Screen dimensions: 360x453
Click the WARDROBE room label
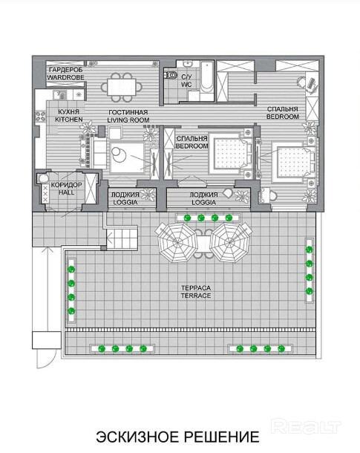pos(65,77)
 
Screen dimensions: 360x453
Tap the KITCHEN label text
pos(69,120)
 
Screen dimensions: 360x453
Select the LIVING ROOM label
pos(128,120)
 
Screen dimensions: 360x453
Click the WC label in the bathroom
pos(186,85)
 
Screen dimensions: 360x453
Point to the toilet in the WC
pos(171,75)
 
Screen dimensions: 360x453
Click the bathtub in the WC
pos(206,76)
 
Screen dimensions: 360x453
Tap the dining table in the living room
pos(122,87)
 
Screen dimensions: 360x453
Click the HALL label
pos(67,192)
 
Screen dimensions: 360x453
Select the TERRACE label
pos(196,296)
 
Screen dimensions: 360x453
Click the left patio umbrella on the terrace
pos(177,242)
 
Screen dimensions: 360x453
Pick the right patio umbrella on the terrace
pos(230,242)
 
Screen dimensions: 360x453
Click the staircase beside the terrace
pos(122,238)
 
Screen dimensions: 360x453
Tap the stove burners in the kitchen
pos(40,117)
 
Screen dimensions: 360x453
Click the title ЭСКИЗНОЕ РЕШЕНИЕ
pos(177,437)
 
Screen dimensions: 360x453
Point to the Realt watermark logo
pos(306,426)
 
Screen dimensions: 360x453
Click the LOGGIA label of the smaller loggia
pos(125,202)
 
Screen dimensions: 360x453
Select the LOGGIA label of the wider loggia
pos(204,202)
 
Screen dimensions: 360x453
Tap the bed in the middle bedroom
pos(230,154)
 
